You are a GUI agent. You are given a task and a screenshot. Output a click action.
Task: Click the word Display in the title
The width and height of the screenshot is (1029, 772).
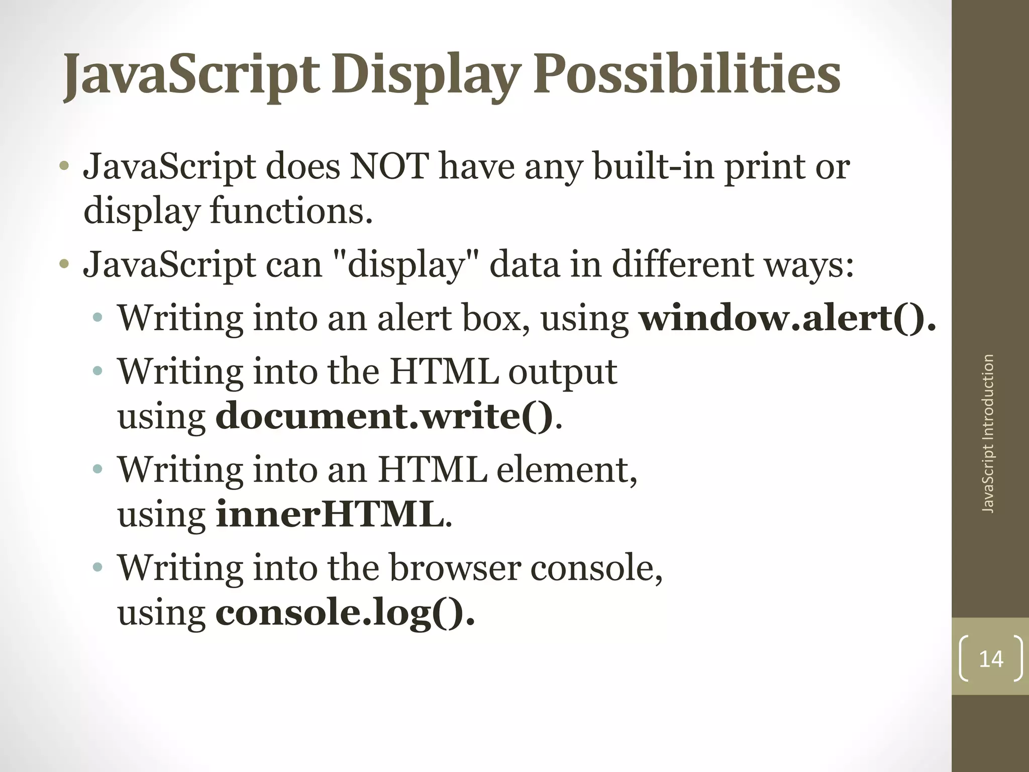point(425,75)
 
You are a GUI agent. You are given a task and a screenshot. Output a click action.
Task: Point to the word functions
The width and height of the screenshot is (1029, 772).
point(291,211)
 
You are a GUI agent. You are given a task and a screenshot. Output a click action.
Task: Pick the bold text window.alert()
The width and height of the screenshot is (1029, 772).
point(787,318)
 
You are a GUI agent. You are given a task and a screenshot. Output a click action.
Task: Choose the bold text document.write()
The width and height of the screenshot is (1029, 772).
point(384,417)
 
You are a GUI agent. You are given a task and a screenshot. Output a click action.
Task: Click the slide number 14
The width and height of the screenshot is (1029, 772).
point(991,659)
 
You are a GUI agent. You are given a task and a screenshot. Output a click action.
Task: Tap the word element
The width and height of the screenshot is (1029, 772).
point(567,470)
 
